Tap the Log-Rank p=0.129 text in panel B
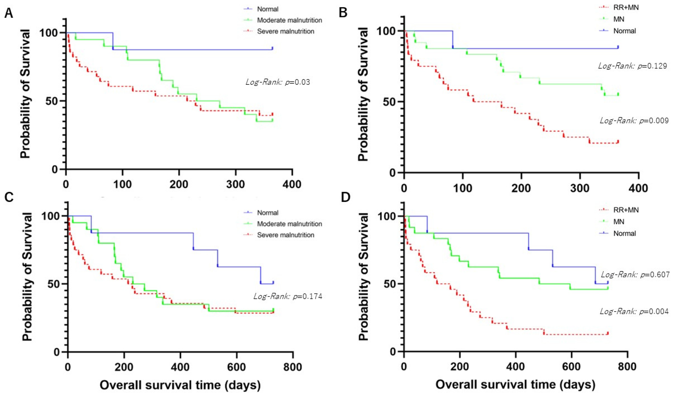[632, 66]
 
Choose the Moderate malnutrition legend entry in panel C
[289, 224]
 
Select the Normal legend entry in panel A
[267, 9]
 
